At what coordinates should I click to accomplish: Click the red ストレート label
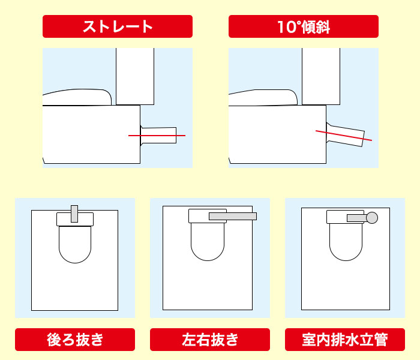click(x=117, y=26)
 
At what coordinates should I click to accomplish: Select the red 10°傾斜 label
click(x=303, y=26)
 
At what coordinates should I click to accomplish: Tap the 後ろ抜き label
click(x=75, y=340)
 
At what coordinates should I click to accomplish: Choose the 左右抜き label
click(x=209, y=340)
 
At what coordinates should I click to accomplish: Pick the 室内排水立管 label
click(x=344, y=340)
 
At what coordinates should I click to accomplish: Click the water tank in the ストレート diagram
click(x=134, y=76)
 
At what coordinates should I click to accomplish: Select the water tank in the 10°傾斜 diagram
click(x=320, y=76)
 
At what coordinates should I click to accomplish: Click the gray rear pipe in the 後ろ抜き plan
click(x=74, y=213)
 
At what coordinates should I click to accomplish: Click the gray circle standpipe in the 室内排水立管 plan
click(x=372, y=218)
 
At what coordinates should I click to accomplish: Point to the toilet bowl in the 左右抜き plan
click(x=208, y=243)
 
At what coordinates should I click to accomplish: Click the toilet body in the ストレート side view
click(x=90, y=135)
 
